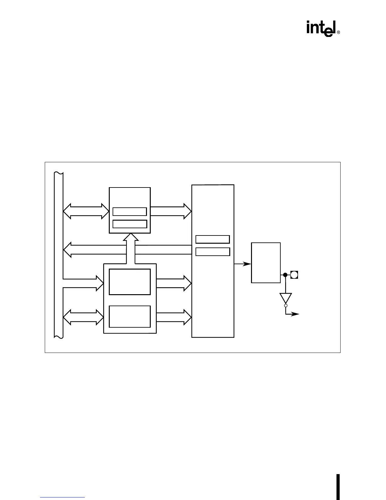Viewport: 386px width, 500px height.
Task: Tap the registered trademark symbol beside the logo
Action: tap(338, 33)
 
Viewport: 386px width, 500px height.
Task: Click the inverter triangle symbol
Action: tap(286, 298)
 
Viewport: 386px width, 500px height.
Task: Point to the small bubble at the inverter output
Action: tap(286, 306)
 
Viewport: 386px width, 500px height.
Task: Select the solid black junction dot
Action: tap(285, 275)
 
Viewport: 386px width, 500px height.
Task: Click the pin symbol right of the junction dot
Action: tap(294, 275)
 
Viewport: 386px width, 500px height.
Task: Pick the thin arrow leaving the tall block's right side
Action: tap(243, 264)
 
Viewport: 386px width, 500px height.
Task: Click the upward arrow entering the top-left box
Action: tap(130, 248)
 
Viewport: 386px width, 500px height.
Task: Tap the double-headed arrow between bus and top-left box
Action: tap(86, 211)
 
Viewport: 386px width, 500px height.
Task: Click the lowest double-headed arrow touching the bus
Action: tap(83, 317)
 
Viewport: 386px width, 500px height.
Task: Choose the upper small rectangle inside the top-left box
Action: tap(130, 211)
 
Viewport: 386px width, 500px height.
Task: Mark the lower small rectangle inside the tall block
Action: tap(213, 252)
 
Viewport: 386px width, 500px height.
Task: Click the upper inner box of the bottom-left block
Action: tap(130, 282)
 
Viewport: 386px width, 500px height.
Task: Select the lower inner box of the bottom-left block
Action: tap(130, 316)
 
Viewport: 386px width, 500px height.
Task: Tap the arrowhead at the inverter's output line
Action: tap(295, 314)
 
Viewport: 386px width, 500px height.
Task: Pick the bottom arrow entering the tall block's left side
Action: tap(174, 317)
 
